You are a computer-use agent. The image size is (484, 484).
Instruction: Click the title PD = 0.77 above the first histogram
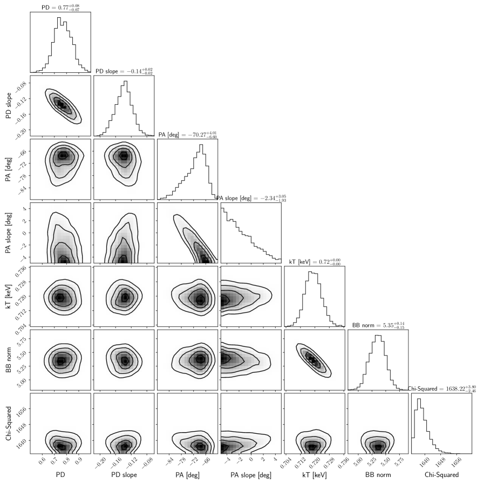[60, 7]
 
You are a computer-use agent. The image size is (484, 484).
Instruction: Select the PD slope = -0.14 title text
[124, 71]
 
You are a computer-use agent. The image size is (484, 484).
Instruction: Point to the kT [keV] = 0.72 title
[315, 262]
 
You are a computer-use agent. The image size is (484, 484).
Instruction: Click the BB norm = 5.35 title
[378, 325]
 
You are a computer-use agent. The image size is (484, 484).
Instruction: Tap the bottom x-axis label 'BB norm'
[378, 475]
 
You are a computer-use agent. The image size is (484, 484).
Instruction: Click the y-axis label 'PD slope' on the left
[7, 105]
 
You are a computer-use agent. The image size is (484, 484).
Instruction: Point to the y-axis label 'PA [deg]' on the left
[7, 169]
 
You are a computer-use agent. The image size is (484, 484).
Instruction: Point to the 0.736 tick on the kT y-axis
[19, 270]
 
